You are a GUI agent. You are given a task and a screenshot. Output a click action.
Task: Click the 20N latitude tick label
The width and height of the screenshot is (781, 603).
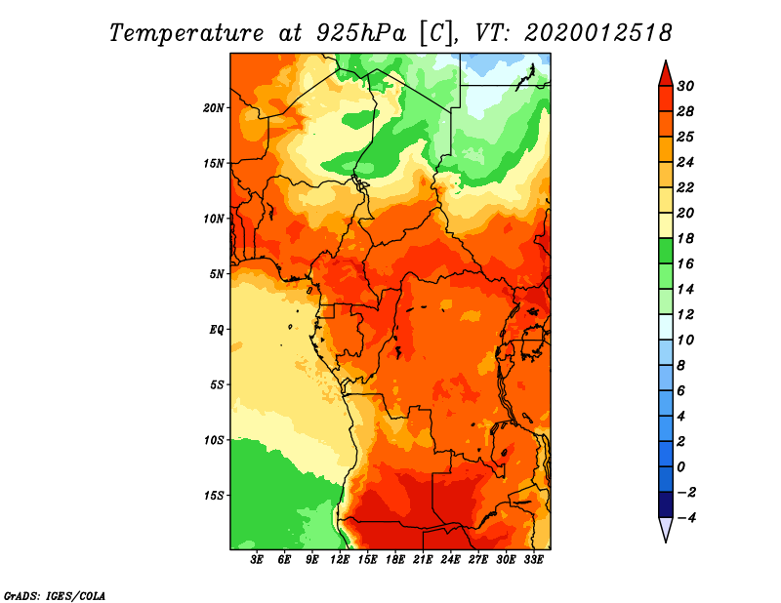(x=214, y=108)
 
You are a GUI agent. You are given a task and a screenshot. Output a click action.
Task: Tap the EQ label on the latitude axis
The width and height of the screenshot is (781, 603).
(x=216, y=330)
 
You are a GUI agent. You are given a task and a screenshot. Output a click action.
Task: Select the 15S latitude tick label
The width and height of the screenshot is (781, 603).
(x=214, y=496)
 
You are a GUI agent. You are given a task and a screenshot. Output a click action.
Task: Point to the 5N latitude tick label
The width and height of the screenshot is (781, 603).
(x=217, y=274)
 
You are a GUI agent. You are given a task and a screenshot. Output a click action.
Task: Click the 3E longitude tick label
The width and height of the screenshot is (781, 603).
(x=257, y=560)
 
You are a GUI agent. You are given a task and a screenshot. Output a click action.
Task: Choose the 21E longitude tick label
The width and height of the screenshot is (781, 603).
(x=423, y=560)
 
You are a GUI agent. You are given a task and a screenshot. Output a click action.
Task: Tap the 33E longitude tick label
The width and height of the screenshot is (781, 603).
(x=533, y=560)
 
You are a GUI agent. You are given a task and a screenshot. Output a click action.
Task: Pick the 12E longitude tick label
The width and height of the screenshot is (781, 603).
(x=340, y=560)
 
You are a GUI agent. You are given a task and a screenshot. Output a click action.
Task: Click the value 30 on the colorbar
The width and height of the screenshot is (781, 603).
(x=685, y=86)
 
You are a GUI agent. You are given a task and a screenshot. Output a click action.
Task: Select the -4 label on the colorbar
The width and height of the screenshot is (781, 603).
(x=685, y=518)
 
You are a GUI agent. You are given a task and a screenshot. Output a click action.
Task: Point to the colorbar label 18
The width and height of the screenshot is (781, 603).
(x=685, y=238)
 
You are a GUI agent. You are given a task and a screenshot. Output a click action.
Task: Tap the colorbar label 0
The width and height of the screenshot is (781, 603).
(x=681, y=467)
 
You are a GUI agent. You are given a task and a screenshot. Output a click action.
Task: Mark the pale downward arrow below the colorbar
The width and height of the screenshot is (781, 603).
(x=666, y=529)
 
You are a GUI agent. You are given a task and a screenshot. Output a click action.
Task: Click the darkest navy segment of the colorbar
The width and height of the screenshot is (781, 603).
(x=666, y=504)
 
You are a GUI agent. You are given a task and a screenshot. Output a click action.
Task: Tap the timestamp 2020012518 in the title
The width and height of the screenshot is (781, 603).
(x=598, y=33)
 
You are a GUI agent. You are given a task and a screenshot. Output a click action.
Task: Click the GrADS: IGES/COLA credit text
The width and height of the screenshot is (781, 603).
(x=55, y=596)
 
